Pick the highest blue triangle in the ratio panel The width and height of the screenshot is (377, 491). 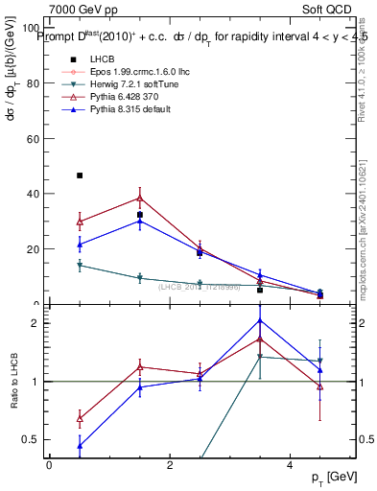(260, 320)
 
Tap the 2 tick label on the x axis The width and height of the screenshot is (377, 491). (169, 464)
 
